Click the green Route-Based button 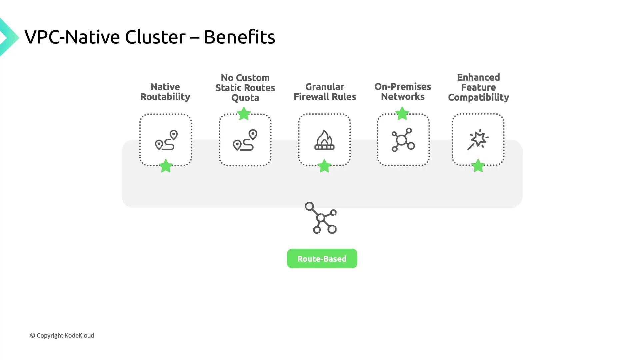pyautogui.click(x=322, y=258)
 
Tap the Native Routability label pyautogui.click(x=165, y=92)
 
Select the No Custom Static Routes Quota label pyautogui.click(x=245, y=88)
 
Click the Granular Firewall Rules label pyautogui.click(x=325, y=92)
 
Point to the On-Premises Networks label pyautogui.click(x=403, y=91)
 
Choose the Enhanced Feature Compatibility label pyautogui.click(x=478, y=87)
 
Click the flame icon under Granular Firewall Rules pyautogui.click(x=324, y=140)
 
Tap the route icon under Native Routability pyautogui.click(x=166, y=140)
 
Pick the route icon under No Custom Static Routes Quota pyautogui.click(x=245, y=140)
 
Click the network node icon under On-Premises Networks pyautogui.click(x=403, y=140)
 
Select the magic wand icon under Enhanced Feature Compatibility pyautogui.click(x=478, y=139)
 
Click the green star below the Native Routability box pyautogui.click(x=166, y=166)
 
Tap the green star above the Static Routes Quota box pyautogui.click(x=244, y=114)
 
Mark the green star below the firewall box pyautogui.click(x=324, y=166)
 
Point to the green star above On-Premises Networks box pyautogui.click(x=402, y=113)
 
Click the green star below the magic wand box pyautogui.click(x=478, y=166)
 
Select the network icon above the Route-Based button pyautogui.click(x=321, y=218)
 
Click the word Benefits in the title pyautogui.click(x=239, y=37)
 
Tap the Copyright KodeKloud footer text pyautogui.click(x=62, y=336)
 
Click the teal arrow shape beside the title pyautogui.click(x=9, y=37)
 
